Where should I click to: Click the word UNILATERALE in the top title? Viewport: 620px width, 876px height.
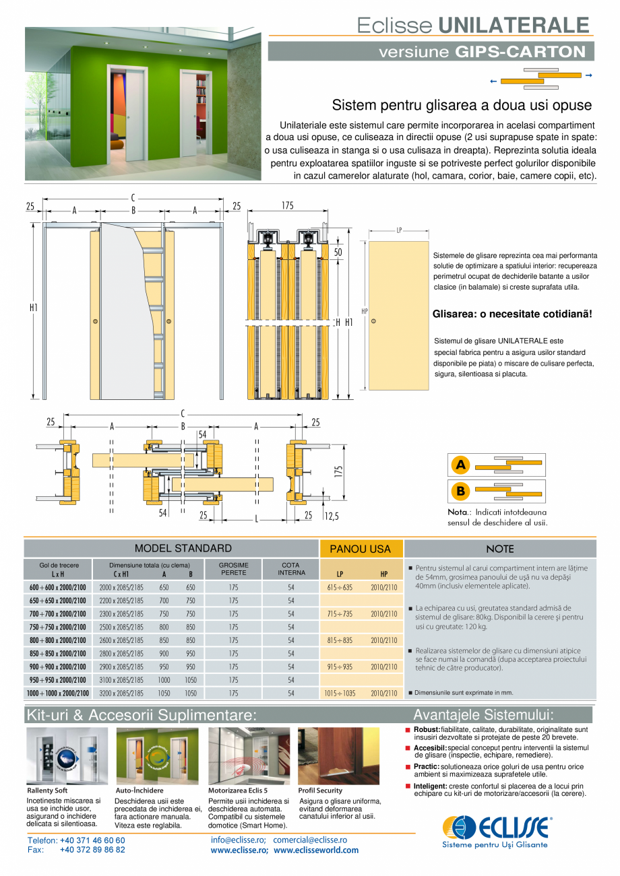[514, 25]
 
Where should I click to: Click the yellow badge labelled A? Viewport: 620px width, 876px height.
[460, 465]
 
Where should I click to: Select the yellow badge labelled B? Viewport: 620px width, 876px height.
[460, 492]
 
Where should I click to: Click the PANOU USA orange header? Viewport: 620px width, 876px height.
[361, 549]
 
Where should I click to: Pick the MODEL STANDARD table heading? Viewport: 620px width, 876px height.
[183, 549]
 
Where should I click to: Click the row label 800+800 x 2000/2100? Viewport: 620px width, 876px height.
[57, 640]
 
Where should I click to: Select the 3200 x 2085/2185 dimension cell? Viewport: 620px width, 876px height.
[121, 693]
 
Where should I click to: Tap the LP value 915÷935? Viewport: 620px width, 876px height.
[340, 667]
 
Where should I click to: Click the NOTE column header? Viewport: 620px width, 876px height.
[499, 549]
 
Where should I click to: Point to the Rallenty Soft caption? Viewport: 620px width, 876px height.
[47, 790]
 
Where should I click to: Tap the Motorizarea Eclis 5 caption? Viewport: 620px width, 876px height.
[238, 790]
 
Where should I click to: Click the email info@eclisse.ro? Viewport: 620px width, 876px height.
[238, 840]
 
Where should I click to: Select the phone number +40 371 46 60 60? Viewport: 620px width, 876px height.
[92, 840]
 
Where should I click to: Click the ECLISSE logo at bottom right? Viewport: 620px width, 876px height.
[497, 830]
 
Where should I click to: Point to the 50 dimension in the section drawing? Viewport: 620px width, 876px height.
[338, 252]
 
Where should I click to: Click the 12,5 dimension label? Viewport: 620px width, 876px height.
[332, 516]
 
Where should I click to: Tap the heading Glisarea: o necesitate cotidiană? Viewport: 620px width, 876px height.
[511, 314]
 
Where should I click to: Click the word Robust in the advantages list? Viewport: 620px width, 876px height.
[427, 729]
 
